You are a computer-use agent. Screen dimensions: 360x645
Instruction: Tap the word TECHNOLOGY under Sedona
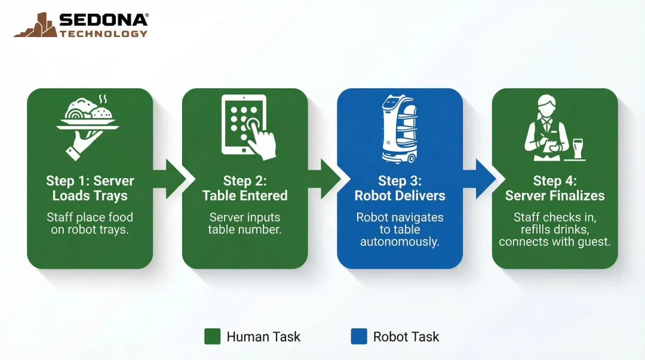[x=103, y=33]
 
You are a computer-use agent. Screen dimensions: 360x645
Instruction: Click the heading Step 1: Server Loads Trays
[x=90, y=188]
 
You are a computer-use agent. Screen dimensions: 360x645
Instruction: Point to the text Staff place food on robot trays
[x=90, y=223]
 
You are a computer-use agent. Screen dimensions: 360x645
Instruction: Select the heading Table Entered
[x=245, y=196]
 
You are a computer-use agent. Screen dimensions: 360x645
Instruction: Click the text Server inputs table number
[x=245, y=223]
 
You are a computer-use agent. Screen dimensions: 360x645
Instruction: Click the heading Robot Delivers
[x=400, y=196]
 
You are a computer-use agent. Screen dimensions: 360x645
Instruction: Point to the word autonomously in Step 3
[x=400, y=242]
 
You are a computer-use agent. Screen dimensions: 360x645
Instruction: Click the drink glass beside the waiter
[x=578, y=148]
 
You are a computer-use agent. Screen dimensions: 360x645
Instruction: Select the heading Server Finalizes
[x=555, y=196]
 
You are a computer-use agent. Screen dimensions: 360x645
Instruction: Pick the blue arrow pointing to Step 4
[x=482, y=179]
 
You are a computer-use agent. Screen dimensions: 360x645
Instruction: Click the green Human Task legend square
[x=212, y=337]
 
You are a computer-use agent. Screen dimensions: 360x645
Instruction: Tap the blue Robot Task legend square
[x=359, y=337]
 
